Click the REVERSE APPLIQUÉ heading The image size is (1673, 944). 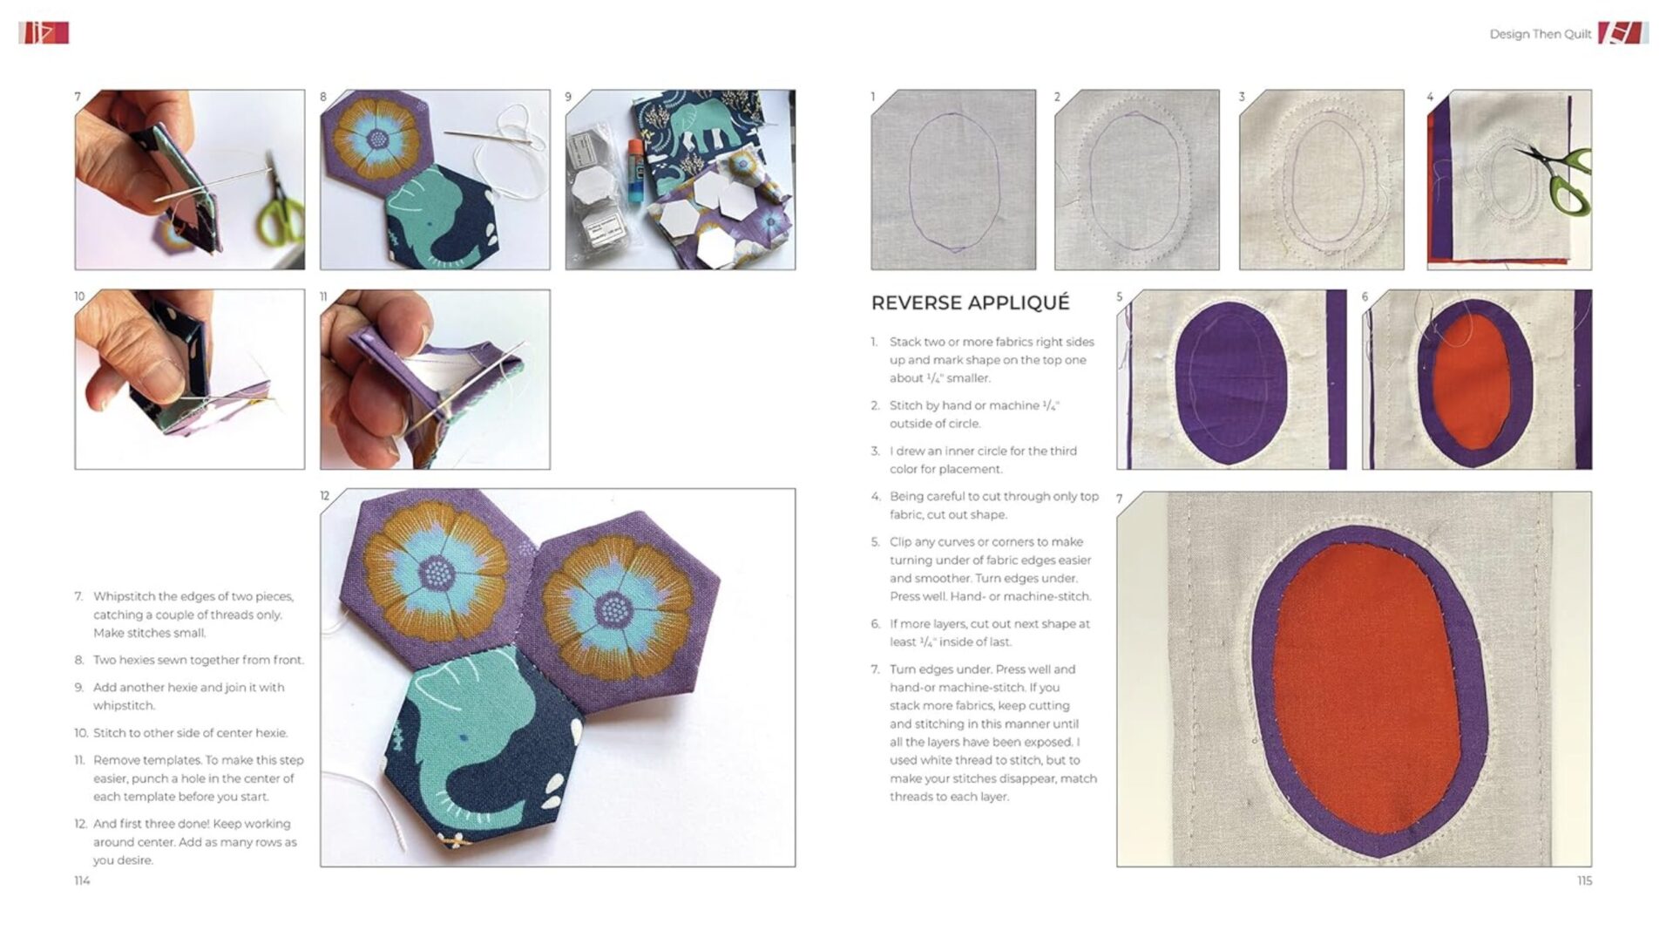(x=970, y=302)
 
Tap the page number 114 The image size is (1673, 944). (x=82, y=880)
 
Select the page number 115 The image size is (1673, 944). (x=1584, y=880)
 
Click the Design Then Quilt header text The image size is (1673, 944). (x=1540, y=34)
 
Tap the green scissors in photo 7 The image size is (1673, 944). (x=281, y=214)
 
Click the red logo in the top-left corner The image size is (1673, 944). (x=44, y=33)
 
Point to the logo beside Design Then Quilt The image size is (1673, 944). (x=1622, y=33)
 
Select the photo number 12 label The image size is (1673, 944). (x=325, y=496)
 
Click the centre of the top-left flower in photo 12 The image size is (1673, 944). (x=436, y=573)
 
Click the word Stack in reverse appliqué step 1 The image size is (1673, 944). (x=905, y=342)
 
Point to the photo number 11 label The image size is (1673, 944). (x=324, y=297)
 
